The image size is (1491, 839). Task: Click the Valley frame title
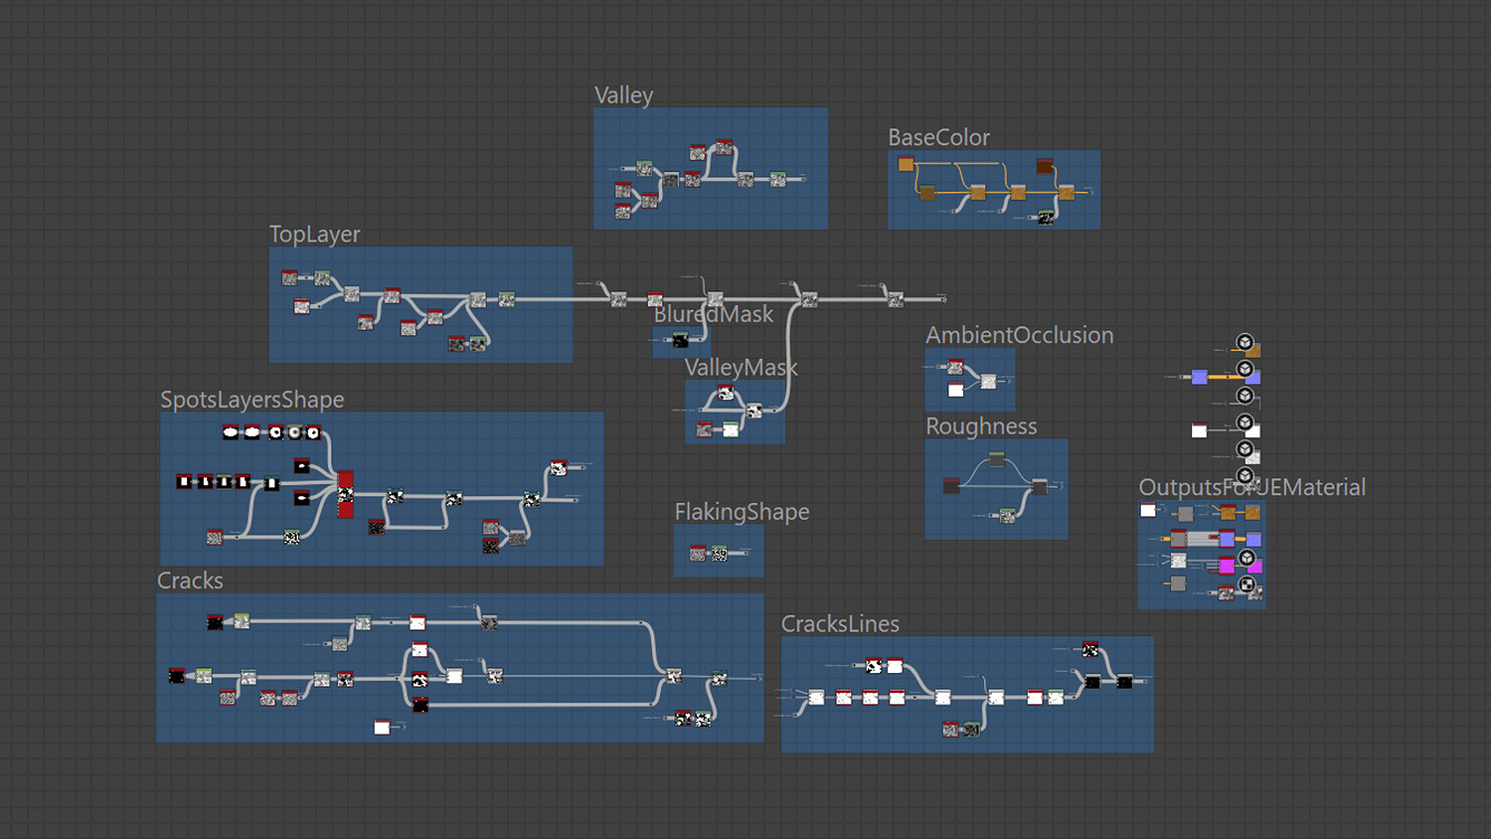coord(623,95)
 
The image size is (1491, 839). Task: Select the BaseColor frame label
coord(938,137)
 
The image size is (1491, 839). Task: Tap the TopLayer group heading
coord(314,234)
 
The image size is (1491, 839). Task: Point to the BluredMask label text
coord(713,314)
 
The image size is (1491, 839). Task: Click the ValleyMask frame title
coord(741,368)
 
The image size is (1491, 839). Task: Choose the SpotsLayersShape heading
coord(251,400)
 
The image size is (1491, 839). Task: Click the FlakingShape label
coord(742,512)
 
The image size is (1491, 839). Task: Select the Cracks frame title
coord(190,581)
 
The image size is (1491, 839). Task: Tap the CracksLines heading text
coord(840,624)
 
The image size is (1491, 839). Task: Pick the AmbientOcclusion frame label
coord(1019,335)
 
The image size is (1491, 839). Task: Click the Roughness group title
coord(981,426)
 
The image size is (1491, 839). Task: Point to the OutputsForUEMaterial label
coord(1251,487)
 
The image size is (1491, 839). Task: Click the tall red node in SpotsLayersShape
coord(345,494)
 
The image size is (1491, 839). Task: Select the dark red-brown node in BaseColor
coord(1045,166)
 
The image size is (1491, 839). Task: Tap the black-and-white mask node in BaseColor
coord(1046,217)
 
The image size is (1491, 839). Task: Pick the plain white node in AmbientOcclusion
coord(955,390)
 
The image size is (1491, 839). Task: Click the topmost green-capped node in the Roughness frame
coord(997,458)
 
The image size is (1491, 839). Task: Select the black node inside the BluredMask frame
coord(680,340)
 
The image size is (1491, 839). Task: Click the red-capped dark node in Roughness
coord(951,486)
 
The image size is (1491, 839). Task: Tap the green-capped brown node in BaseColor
coord(926,192)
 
